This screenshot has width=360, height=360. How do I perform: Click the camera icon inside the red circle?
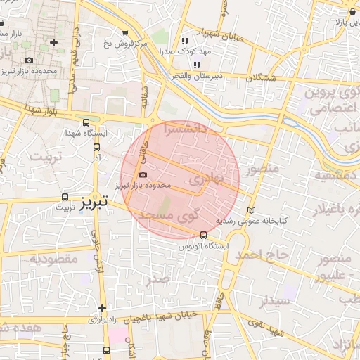pyautogui.click(x=143, y=174)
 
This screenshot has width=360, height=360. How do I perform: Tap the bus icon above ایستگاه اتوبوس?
pyautogui.click(x=203, y=235)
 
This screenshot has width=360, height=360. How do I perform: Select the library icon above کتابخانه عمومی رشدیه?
pyautogui.click(x=252, y=210)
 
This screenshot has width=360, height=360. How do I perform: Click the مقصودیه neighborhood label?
pyautogui.click(x=53, y=259)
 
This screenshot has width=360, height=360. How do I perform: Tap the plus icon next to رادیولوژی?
pyautogui.click(x=103, y=308)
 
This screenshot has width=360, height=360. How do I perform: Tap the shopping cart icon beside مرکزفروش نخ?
pyautogui.click(x=125, y=33)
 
